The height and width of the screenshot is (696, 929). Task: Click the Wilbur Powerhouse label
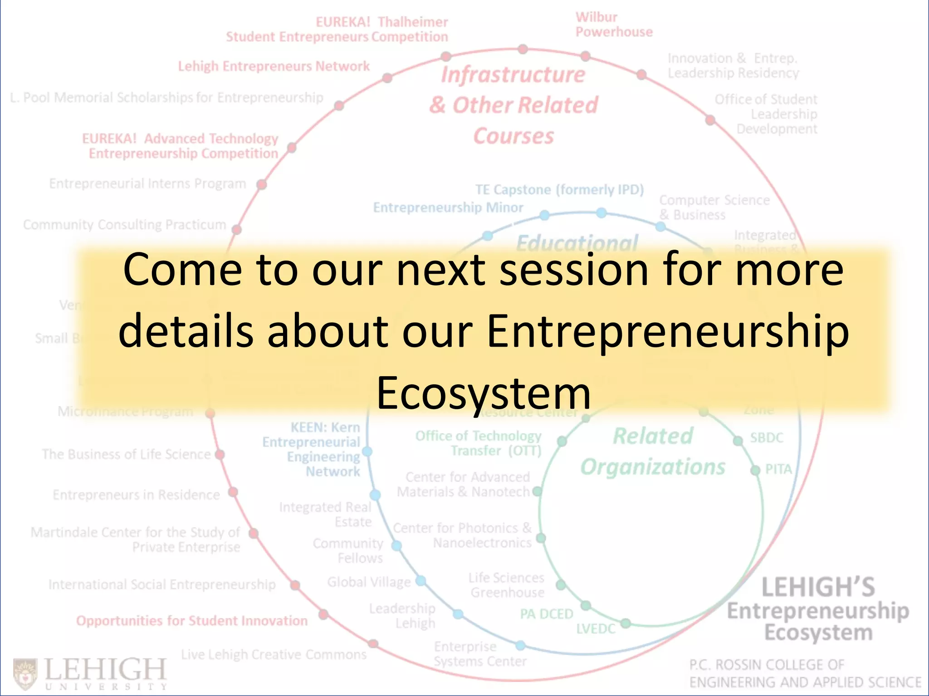pyautogui.click(x=614, y=24)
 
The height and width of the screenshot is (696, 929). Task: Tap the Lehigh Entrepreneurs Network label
pyautogui.click(x=274, y=67)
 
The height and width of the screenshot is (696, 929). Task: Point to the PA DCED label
pyautogui.click(x=546, y=614)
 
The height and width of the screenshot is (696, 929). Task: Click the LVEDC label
pyautogui.click(x=596, y=629)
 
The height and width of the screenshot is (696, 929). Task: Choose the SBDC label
pyautogui.click(x=766, y=438)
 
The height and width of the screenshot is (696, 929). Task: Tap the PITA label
pyautogui.click(x=778, y=469)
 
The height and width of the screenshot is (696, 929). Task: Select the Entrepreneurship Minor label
pyautogui.click(x=448, y=208)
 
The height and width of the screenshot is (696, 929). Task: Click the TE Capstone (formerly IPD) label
pyautogui.click(x=559, y=189)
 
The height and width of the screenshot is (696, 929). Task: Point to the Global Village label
pyautogui.click(x=369, y=582)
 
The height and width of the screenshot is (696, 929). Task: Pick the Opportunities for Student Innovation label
pyautogui.click(x=191, y=621)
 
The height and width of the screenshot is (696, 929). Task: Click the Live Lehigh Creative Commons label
pyautogui.click(x=274, y=654)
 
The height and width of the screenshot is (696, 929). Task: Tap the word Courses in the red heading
pyautogui.click(x=513, y=136)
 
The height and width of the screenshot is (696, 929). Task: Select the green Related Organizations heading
pyautogui.click(x=653, y=451)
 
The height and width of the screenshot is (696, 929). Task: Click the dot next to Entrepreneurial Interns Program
pyautogui.click(x=262, y=184)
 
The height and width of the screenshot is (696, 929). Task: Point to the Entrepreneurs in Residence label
pyautogui.click(x=136, y=495)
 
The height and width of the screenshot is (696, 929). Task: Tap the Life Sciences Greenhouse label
pyautogui.click(x=507, y=585)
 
